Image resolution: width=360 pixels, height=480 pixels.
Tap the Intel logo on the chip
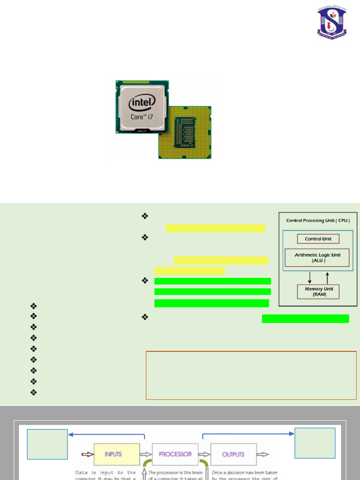pyautogui.click(x=142, y=102)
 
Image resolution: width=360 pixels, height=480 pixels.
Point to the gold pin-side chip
pyautogui.click(x=186, y=132)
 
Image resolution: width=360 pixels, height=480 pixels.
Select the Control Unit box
pyautogui.click(x=318, y=239)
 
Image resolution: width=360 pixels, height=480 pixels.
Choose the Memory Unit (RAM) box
pyautogui.click(x=318, y=292)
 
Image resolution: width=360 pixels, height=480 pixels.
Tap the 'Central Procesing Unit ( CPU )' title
pyautogui.click(x=318, y=220)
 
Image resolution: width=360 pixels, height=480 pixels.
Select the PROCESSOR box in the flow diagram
pyautogui.click(x=175, y=454)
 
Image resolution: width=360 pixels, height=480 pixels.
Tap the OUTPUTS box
pyautogui.click(x=233, y=454)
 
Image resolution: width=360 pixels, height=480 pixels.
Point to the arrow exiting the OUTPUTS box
pyautogui.click(x=263, y=454)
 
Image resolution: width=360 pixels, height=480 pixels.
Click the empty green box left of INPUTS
pyautogui.click(x=47, y=444)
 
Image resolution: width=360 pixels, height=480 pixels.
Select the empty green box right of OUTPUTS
pyautogui.click(x=315, y=442)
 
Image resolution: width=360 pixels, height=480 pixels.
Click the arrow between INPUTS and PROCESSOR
pyautogui.click(x=146, y=454)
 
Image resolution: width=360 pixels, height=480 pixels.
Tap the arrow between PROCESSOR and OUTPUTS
pyautogui.click(x=204, y=454)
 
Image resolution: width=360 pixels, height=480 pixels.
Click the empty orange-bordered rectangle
pyautogui.click(x=251, y=375)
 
